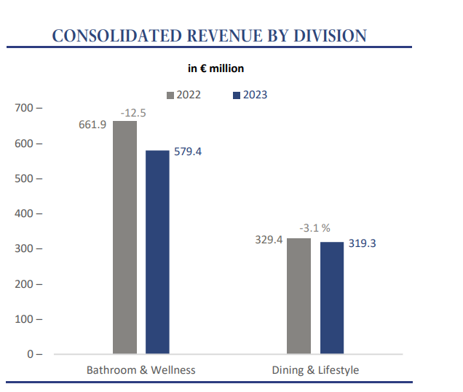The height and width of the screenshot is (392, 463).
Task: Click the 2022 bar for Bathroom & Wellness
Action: (124, 238)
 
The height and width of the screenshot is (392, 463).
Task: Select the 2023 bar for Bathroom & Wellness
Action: (157, 252)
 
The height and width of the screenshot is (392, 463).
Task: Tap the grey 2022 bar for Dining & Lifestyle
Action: (298, 296)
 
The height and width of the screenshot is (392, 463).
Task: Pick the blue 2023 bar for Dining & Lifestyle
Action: (331, 297)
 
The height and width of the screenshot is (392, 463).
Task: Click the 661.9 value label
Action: (92, 125)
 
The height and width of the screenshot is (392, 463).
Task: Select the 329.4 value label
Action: (269, 239)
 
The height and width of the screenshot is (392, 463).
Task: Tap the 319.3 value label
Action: (362, 243)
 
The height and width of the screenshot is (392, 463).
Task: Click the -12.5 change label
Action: (133, 112)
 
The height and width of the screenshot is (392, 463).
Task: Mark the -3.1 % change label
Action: (314, 229)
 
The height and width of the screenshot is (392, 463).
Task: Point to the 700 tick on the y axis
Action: (28, 108)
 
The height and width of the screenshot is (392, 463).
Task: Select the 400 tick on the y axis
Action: (28, 213)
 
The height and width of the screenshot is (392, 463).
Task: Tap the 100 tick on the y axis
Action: (28, 319)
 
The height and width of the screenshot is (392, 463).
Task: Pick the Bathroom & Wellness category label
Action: (141, 370)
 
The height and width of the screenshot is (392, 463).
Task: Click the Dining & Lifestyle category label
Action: (315, 370)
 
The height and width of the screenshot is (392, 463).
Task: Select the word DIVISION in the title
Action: (325, 36)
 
